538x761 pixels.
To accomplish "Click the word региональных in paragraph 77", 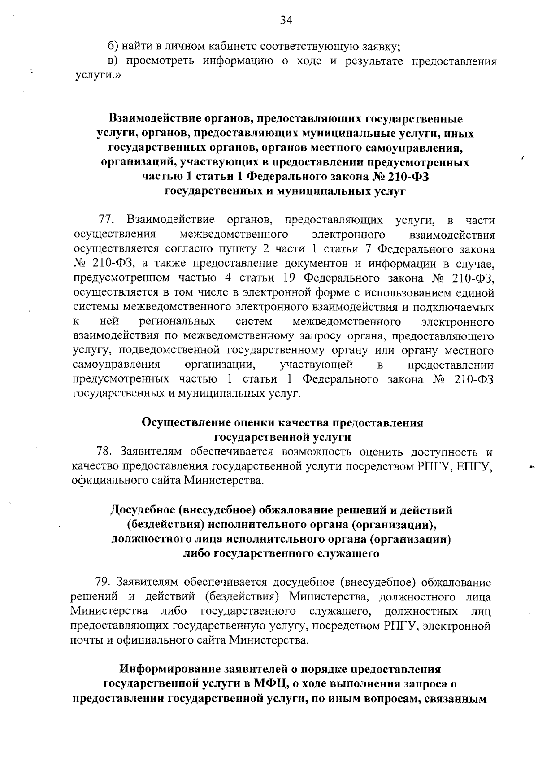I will click(177, 322).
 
